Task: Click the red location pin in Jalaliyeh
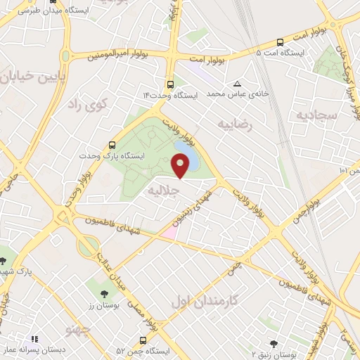pyautogui.click(x=181, y=167)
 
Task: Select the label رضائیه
pyautogui.click(x=233, y=125)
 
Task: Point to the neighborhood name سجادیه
pyautogui.click(x=317, y=114)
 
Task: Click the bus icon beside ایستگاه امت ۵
pyautogui.click(x=280, y=44)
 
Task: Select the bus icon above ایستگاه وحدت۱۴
pyautogui.click(x=170, y=83)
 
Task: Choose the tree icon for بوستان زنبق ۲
pyautogui.click(x=274, y=344)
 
